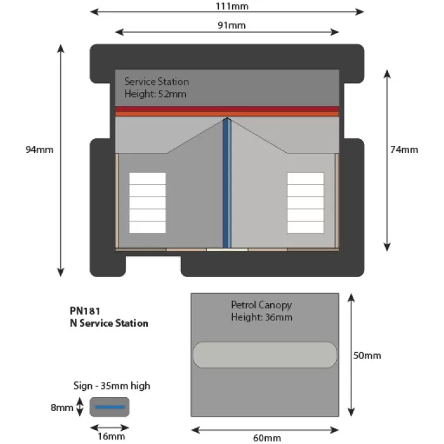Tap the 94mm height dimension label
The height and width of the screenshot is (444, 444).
coord(39,150)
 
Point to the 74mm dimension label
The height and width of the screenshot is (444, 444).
coord(404,150)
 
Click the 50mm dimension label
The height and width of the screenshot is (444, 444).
coord(367,355)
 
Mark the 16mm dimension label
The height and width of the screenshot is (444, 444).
coord(112,436)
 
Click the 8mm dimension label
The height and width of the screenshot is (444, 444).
coord(62,407)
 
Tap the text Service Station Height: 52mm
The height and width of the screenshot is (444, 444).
coord(156,88)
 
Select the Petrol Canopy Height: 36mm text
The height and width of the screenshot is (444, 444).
coord(261,311)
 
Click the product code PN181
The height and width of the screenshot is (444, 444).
coord(86,311)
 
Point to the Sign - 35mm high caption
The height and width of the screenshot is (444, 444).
coord(112,386)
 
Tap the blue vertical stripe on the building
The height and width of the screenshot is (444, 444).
coord(226,184)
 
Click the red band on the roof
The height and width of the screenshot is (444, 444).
coord(226,111)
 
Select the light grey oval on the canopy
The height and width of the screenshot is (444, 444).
coord(264,355)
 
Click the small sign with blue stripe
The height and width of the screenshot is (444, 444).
coord(110,407)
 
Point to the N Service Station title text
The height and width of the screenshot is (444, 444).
coord(109,323)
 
